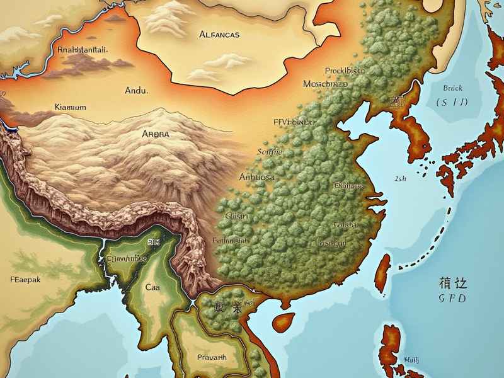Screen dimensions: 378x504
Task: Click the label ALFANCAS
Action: (x=219, y=35)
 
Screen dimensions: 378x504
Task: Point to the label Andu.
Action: (x=136, y=91)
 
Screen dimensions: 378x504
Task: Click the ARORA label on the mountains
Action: (x=156, y=134)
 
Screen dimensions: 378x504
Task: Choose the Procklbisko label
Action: (x=345, y=71)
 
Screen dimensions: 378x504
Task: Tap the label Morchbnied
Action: (x=325, y=84)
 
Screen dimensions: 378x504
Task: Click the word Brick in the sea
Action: (x=452, y=88)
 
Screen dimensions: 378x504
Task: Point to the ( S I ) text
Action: (x=451, y=101)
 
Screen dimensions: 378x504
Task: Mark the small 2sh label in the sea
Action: (x=401, y=178)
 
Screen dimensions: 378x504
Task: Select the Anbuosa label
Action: (x=257, y=178)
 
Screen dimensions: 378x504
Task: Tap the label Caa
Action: (x=153, y=287)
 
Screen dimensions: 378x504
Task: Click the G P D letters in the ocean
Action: (x=452, y=298)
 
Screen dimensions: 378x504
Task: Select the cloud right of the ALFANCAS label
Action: (x=228, y=60)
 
